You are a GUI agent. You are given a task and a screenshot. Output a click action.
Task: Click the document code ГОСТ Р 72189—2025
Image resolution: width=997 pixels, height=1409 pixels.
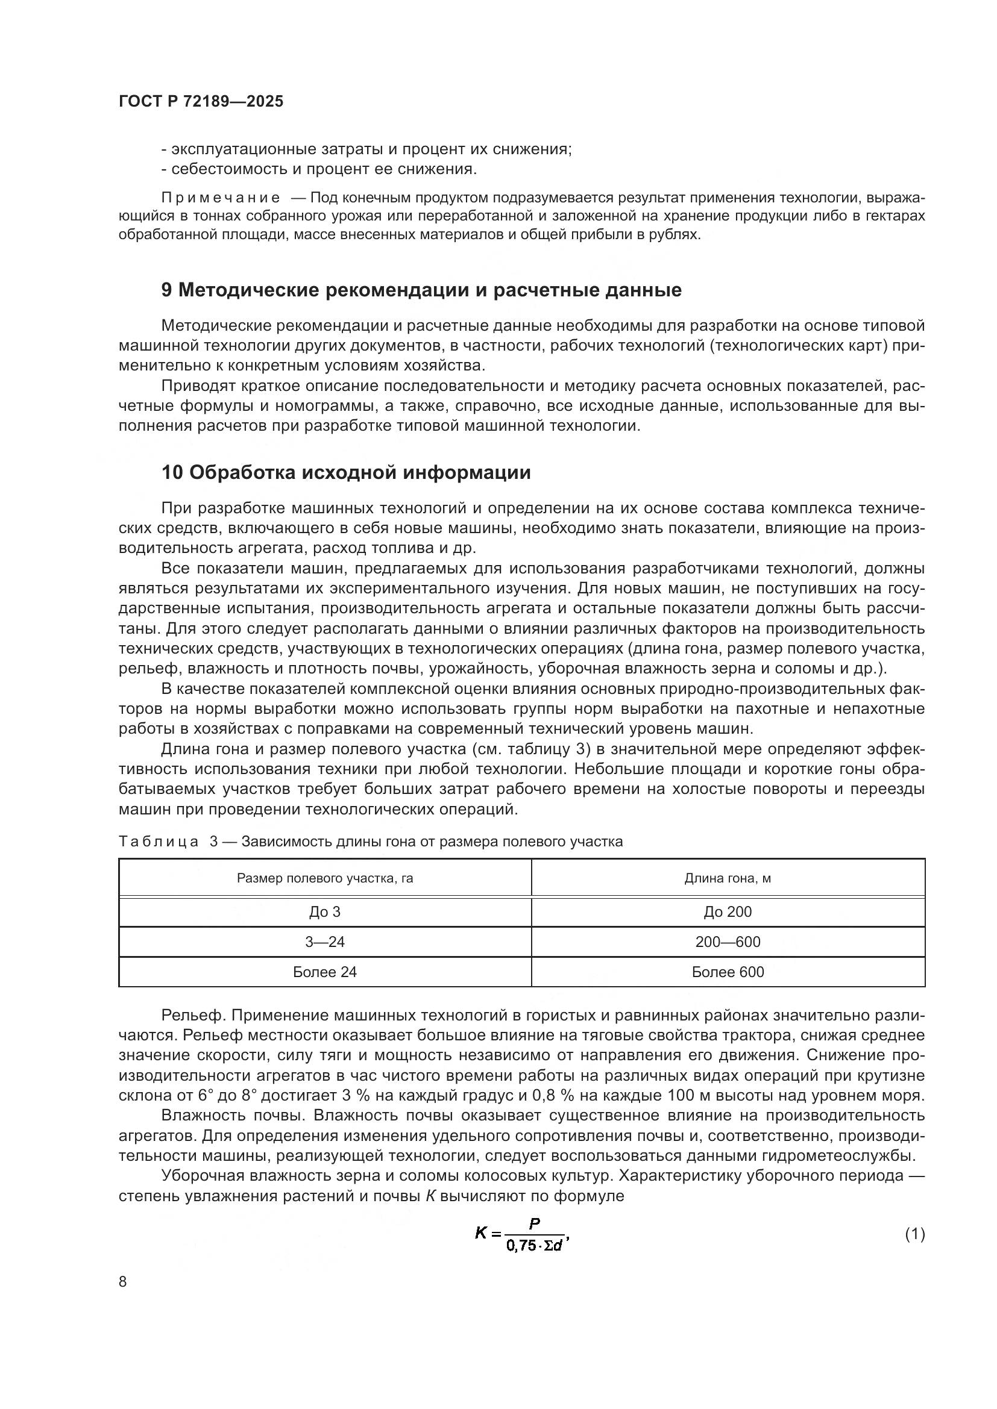point(201,102)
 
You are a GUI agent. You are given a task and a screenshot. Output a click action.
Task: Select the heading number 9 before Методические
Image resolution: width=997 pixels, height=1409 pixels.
point(166,290)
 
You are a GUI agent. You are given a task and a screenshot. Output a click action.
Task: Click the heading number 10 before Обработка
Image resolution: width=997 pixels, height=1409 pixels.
point(172,472)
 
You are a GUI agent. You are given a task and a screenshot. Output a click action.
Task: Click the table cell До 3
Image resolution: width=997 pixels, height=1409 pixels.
point(325,912)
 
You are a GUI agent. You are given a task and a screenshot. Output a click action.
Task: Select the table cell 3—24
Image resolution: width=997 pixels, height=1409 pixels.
point(325,942)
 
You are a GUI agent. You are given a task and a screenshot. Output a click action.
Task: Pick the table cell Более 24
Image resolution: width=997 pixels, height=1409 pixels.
point(325,972)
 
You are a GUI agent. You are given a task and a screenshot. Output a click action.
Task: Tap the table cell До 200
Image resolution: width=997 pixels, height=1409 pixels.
point(728,912)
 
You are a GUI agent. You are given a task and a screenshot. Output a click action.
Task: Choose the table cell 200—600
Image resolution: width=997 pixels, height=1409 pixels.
point(728,942)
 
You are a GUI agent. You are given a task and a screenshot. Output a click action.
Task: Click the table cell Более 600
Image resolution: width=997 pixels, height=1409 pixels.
point(728,972)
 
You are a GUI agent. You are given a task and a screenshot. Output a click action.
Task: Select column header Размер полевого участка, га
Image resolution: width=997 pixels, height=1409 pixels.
point(325,878)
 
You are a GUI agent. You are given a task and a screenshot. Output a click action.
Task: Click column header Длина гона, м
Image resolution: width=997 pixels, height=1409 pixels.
point(728,878)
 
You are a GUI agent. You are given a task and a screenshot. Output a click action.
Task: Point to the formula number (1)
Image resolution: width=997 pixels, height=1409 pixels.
point(914,1234)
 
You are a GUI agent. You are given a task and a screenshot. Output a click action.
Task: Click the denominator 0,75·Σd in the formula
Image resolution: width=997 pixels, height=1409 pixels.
point(535,1246)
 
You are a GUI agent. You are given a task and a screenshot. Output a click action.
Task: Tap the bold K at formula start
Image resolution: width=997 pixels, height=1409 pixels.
point(480,1232)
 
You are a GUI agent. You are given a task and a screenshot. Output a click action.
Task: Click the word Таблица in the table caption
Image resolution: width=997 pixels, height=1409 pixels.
point(159,842)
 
